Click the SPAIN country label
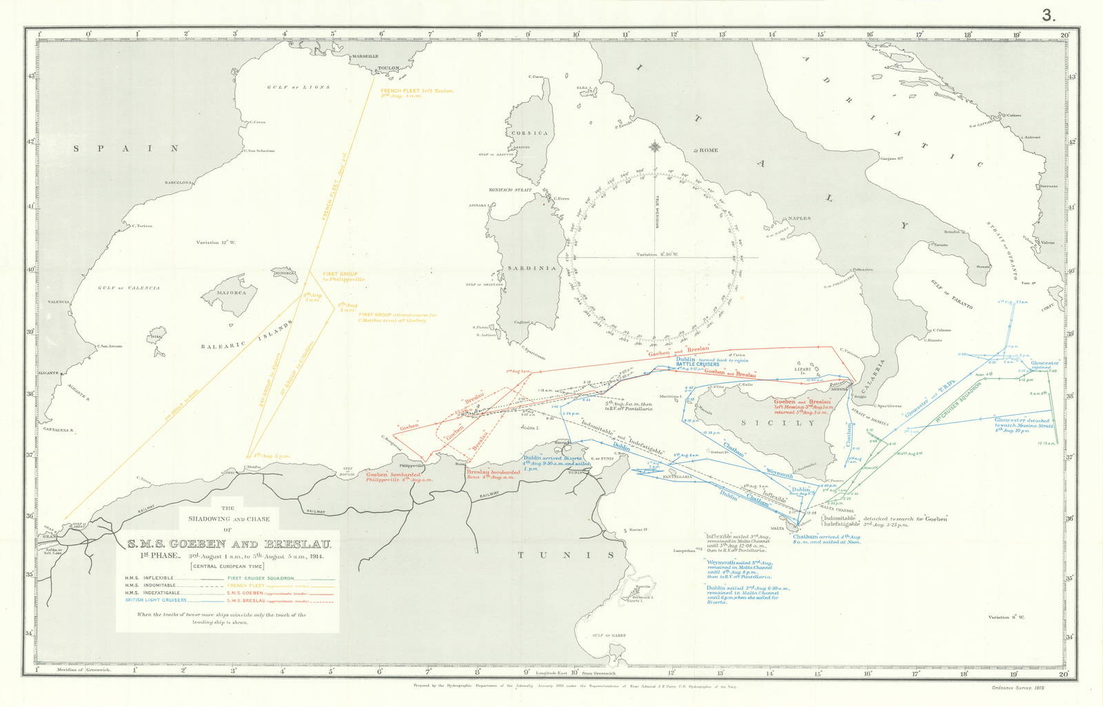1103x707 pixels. coord(126,148)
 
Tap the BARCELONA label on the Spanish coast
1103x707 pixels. coord(176,182)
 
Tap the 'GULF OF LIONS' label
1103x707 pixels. coord(298,88)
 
